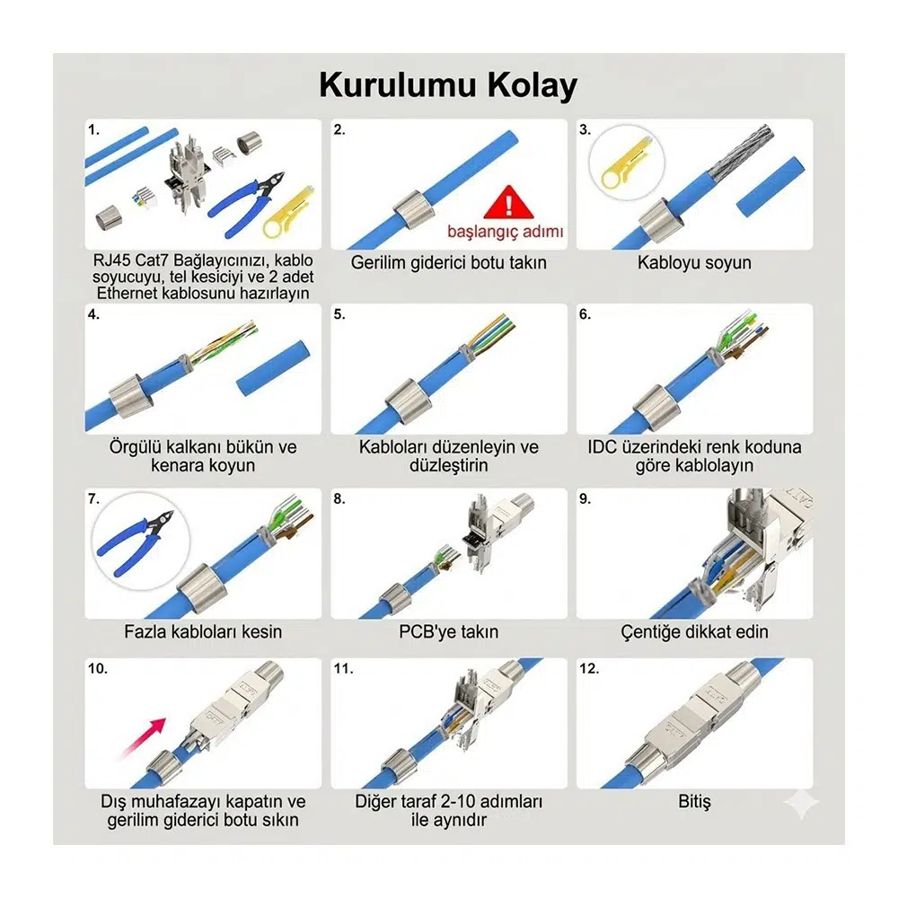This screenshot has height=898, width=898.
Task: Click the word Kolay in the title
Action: pyautogui.click(x=532, y=86)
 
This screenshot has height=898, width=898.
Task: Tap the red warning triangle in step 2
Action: pyautogui.click(x=508, y=203)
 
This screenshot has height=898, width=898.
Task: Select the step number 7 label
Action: pyautogui.click(x=93, y=498)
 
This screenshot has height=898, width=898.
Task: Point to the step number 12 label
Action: pyautogui.click(x=589, y=668)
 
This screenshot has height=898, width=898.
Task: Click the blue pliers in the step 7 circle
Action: pyautogui.click(x=136, y=541)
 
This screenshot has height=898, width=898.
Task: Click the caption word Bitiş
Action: pyautogui.click(x=694, y=801)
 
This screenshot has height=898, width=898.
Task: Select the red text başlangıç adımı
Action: pyautogui.click(x=505, y=232)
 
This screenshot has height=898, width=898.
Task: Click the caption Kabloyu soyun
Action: pyautogui.click(x=694, y=262)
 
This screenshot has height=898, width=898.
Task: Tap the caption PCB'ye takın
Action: pyautogui.click(x=448, y=631)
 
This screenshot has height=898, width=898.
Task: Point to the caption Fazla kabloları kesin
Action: pyautogui.click(x=203, y=631)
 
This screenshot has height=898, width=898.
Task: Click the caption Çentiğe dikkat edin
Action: pyautogui.click(x=694, y=631)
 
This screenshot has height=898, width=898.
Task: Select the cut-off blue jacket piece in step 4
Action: pyautogui.click(x=273, y=368)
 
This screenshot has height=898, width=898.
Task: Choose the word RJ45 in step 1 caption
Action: pyautogui.click(x=111, y=260)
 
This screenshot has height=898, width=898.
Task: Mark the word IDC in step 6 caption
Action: pyautogui.click(x=602, y=446)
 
